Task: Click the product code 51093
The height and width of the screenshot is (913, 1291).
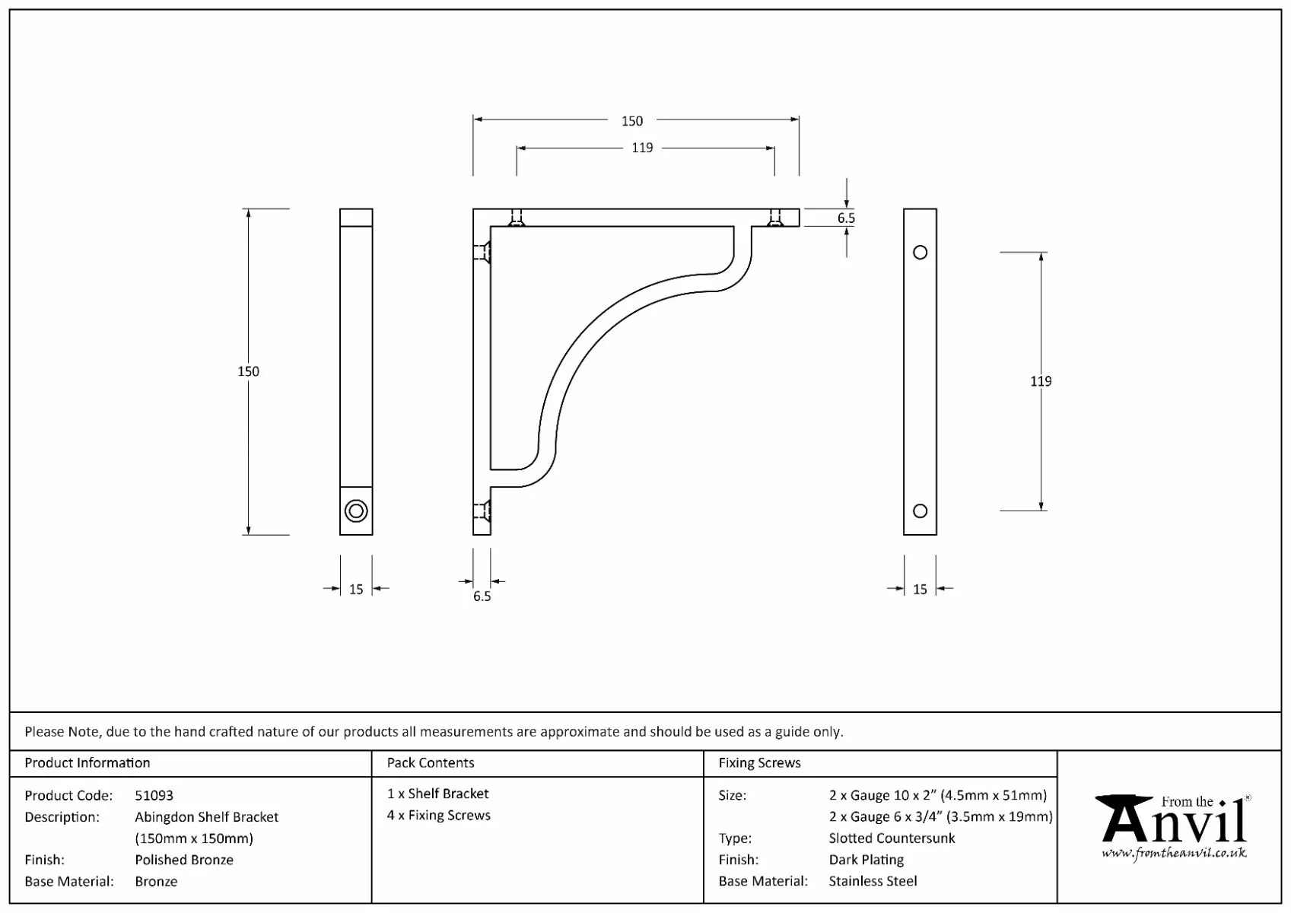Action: (154, 795)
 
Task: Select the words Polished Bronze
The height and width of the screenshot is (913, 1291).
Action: (184, 860)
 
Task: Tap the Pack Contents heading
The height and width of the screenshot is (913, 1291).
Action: (431, 762)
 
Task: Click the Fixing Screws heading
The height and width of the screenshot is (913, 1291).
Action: (759, 762)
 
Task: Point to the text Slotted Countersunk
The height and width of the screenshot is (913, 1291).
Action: (892, 838)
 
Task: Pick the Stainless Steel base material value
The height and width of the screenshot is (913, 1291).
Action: (873, 881)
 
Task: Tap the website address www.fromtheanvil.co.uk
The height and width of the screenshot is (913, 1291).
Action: (1174, 853)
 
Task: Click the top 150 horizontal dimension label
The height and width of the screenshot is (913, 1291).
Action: (631, 121)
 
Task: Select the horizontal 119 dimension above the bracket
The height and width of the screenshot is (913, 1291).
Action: (642, 148)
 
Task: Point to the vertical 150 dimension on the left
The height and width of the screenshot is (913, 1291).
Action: (249, 371)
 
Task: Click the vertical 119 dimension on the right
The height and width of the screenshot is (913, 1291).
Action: (1041, 381)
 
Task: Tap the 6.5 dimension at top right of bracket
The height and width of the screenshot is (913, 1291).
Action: (846, 218)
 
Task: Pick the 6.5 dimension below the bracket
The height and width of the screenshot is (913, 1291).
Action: (482, 596)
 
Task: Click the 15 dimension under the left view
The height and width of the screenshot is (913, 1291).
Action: (356, 589)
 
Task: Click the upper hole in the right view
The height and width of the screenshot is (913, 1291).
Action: (920, 253)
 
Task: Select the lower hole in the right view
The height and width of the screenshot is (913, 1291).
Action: (920, 511)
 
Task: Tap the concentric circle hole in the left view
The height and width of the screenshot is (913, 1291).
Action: (356, 511)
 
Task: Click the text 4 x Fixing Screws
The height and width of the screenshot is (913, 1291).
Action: (439, 815)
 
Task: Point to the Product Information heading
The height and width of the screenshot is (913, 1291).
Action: (87, 762)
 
